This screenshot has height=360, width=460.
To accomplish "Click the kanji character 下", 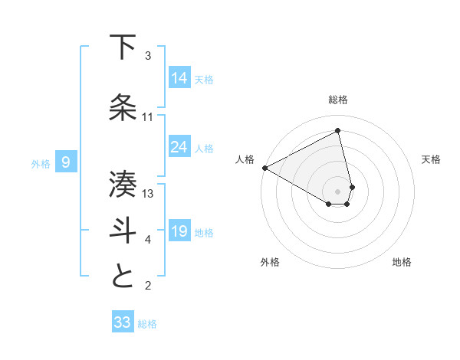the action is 123,47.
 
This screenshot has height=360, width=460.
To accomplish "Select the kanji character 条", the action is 123,108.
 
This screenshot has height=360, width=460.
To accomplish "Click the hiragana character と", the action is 123,277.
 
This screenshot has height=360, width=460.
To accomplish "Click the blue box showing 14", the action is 179,77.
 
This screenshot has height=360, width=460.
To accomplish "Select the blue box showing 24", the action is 179,146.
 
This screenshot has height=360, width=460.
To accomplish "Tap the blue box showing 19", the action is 179,231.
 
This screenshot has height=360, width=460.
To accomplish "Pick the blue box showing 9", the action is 67,162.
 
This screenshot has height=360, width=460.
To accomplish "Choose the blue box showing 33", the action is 123,322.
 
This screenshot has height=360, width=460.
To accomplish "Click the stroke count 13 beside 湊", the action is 149,194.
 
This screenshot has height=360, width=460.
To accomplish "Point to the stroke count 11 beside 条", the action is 148,117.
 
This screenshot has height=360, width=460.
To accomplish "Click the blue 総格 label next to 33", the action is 148,324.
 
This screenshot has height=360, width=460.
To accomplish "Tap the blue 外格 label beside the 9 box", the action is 41,163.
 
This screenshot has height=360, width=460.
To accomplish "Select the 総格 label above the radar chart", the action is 338,100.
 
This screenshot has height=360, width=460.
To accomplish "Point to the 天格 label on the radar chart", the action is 432,159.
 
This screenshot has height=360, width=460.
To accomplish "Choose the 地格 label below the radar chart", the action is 402,262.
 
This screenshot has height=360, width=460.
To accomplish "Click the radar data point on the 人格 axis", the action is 264,167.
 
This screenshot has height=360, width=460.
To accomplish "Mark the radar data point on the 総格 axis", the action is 338,131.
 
